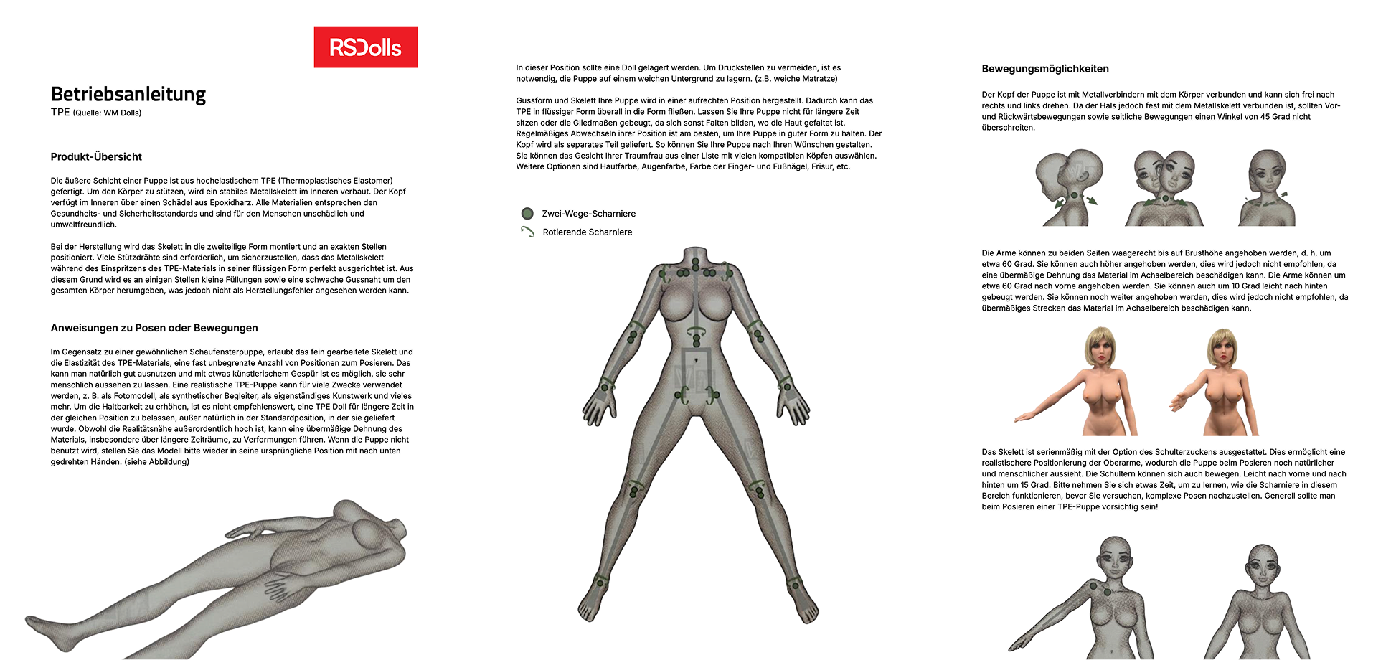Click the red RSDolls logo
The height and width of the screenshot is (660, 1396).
[x=365, y=47]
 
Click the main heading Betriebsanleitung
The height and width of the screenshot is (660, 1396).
[x=128, y=94]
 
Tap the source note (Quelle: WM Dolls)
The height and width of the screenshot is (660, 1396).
[x=107, y=113]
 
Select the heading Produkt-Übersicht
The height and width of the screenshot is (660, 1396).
[x=96, y=156]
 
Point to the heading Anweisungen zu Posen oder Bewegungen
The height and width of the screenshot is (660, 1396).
[x=154, y=328]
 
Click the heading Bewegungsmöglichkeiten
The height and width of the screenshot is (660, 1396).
[x=1045, y=69]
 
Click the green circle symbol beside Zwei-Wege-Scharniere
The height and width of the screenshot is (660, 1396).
[x=527, y=213]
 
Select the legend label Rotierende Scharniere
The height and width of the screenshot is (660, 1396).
[x=588, y=232]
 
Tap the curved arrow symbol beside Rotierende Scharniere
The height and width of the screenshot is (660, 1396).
[x=527, y=232]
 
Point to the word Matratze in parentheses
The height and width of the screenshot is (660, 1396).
[x=817, y=79]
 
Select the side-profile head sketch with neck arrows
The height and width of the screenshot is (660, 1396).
[x=1067, y=188]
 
